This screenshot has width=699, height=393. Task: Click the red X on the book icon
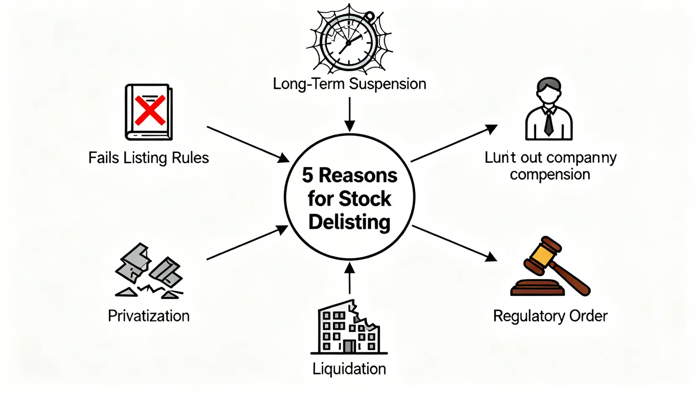pyautogui.click(x=150, y=110)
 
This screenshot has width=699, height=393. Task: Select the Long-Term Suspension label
pyautogui.click(x=349, y=84)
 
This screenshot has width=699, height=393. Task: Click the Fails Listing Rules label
pyautogui.click(x=149, y=158)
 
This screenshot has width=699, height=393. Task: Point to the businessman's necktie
pyautogui.click(x=548, y=122)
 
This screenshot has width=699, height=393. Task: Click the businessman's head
pyautogui.click(x=549, y=90)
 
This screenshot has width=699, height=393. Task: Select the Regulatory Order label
pyautogui.click(x=550, y=316)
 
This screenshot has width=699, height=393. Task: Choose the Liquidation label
pyautogui.click(x=349, y=369)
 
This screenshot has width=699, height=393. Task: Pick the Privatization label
pyautogui.click(x=149, y=316)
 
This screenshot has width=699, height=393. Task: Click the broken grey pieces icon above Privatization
pyautogui.click(x=149, y=271)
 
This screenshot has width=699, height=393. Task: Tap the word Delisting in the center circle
pyautogui.click(x=349, y=222)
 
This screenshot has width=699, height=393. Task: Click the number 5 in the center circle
pyautogui.click(x=308, y=175)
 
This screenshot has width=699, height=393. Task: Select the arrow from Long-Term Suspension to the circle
pyautogui.click(x=349, y=114)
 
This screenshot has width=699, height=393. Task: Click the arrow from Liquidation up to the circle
pyautogui.click(x=349, y=278)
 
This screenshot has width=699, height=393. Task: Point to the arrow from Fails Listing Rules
pyautogui.click(x=248, y=144)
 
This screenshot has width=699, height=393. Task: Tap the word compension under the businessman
pyautogui.click(x=550, y=174)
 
